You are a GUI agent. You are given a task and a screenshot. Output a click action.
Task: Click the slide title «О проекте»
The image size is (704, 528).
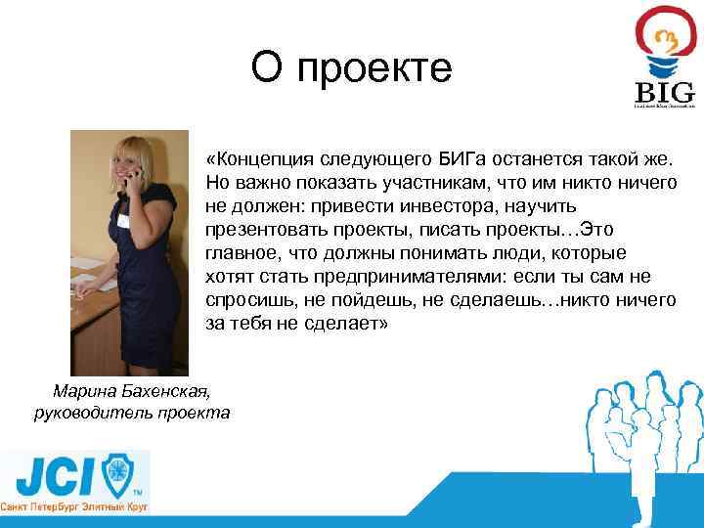point(351,67)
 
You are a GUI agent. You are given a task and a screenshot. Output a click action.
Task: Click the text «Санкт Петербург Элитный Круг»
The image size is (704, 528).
point(74,509)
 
